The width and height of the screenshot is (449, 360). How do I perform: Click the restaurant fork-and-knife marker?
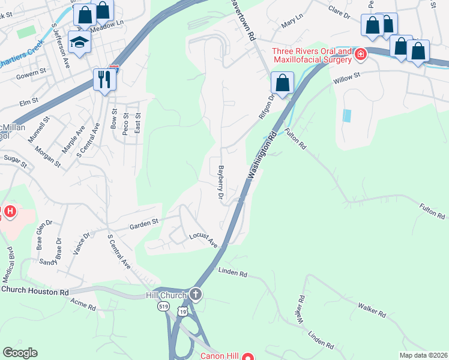[104, 79]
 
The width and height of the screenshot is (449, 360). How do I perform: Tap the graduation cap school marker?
[78, 41]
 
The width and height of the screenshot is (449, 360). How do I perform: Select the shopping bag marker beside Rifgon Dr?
[281, 82]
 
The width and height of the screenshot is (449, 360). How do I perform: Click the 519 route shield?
[164, 307]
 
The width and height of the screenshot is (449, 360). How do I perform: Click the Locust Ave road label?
[203, 240]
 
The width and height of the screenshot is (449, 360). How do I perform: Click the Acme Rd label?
[83, 305]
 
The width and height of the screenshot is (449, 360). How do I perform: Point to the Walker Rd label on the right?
[372, 310]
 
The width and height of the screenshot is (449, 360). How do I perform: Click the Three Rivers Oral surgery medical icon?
[360, 55]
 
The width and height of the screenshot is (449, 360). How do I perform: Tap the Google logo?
[20, 353]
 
